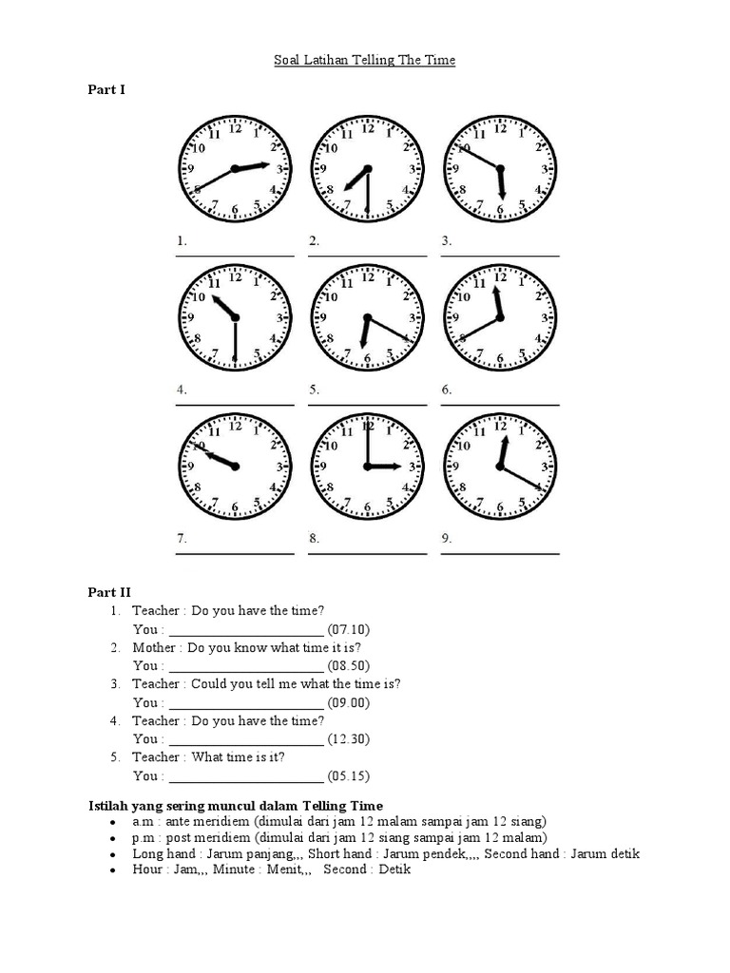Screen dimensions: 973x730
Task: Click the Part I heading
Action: click(x=94, y=90)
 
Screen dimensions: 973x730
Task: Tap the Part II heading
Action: click(x=96, y=592)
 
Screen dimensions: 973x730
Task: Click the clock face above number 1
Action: click(x=235, y=168)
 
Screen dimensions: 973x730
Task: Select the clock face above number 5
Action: click(x=367, y=317)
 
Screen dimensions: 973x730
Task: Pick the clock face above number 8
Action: click(x=367, y=466)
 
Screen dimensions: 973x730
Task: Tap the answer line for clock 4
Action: click(x=235, y=405)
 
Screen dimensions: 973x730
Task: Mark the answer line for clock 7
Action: click(x=235, y=553)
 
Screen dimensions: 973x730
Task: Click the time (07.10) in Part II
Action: click(x=348, y=629)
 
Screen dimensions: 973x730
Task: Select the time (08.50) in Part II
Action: click(x=348, y=666)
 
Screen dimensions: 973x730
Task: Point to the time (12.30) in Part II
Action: click(x=348, y=739)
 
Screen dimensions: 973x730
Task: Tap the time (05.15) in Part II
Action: click(x=348, y=776)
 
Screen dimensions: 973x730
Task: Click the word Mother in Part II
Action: click(x=155, y=647)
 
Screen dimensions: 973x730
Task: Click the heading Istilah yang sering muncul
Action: click(x=229, y=806)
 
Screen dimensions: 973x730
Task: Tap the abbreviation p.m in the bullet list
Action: click(x=142, y=837)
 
